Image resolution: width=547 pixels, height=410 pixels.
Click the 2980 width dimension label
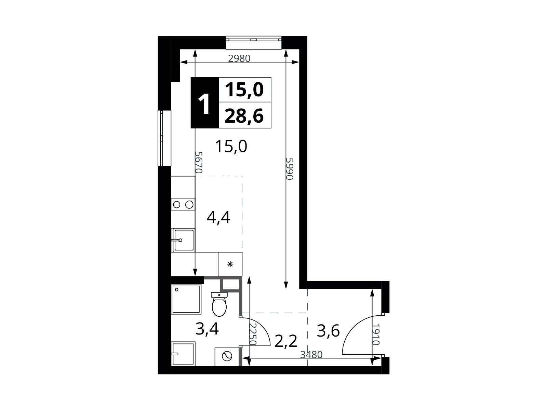coord(239,58)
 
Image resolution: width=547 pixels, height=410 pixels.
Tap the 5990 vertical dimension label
coord(290,169)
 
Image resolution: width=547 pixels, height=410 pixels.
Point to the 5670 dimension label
coord(199,162)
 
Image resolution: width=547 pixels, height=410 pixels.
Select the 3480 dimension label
coord(311,355)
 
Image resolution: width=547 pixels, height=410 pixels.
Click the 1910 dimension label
coord(375,334)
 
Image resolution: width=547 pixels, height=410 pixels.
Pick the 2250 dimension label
coord(253,334)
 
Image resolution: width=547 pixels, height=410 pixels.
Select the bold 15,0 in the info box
coord(244,90)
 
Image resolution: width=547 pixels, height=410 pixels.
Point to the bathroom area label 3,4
coord(207,329)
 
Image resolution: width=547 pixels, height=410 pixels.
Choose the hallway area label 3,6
coord(328,331)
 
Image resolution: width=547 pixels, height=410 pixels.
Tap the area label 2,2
coord(286,341)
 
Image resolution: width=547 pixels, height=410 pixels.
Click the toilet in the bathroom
coord(219,304)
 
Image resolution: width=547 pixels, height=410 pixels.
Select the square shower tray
coord(186,299)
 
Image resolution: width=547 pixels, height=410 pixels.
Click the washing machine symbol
coord(227,357)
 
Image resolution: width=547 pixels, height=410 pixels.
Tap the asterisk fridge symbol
coord(230,264)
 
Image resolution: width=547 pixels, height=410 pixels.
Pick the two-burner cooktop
coord(183,205)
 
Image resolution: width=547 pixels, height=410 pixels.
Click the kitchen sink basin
coord(183,240)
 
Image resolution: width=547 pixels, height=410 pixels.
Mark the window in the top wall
coord(254,43)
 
